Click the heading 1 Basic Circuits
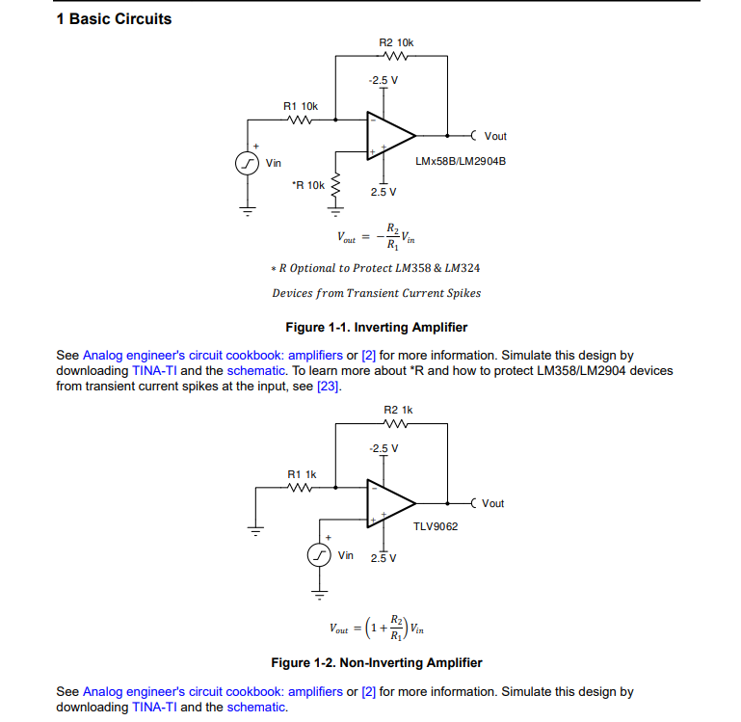[114, 19]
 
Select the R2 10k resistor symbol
[396, 56]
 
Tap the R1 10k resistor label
[301, 106]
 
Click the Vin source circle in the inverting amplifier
[247, 164]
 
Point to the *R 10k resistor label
[308, 185]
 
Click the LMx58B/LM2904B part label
[461, 161]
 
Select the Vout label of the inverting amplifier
[495, 136]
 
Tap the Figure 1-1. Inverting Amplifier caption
[377, 327]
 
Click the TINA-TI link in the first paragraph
[154, 371]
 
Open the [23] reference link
[328, 387]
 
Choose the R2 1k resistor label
[398, 410]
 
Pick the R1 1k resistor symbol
[300, 488]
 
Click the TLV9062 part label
[436, 526]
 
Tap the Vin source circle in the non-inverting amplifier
[319, 555]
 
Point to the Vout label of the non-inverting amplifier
[493, 503]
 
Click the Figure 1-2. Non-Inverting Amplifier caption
[377, 663]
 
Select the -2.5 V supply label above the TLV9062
[384, 448]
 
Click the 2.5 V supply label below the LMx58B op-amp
[384, 192]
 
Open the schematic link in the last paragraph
[255, 707]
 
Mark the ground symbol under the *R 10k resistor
[335, 211]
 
